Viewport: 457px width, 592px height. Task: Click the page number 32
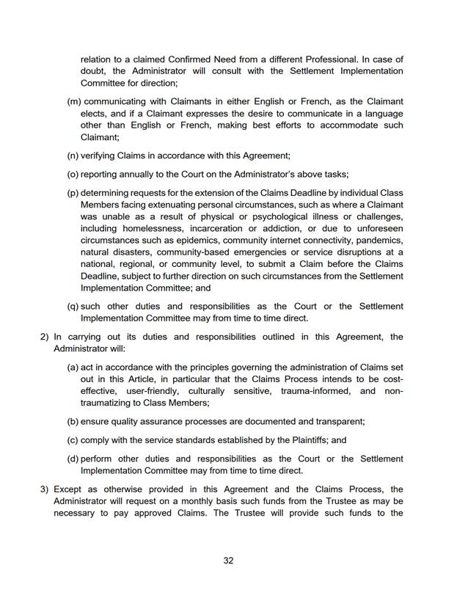coord(228,561)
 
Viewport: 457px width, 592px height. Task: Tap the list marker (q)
coord(73,305)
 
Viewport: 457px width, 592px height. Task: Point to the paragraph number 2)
coord(43,337)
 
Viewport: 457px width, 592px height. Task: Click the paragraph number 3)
coord(43,487)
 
